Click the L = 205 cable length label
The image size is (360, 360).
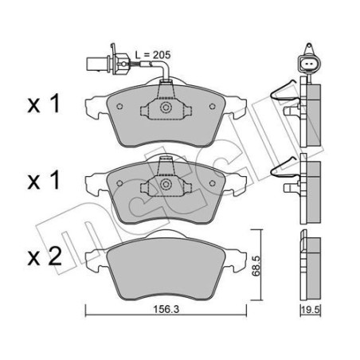pos(153,55)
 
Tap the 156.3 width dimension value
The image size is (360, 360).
pos(166,309)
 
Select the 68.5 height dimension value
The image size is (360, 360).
pos(256,266)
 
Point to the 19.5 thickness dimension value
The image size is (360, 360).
pos(311,310)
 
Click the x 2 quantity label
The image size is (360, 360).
pos(45,256)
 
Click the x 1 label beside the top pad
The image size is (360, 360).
pos(44,104)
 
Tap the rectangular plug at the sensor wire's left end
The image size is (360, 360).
pos(92,64)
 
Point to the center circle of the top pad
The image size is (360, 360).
pos(166,108)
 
